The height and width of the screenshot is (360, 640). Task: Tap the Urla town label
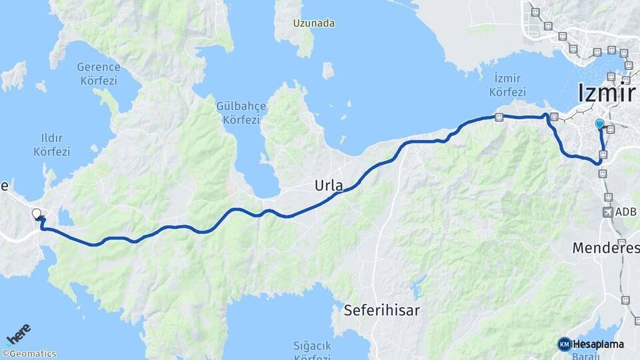[329, 187]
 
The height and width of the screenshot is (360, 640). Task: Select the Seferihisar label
[381, 310]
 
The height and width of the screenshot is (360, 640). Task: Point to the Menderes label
[605, 248]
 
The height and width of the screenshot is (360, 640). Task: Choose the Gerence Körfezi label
[98, 74]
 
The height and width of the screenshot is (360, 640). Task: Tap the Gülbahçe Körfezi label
[241, 113]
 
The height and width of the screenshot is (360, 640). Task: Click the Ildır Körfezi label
[51, 145]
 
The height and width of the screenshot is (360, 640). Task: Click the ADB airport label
[627, 212]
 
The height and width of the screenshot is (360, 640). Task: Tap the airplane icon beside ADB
[608, 212]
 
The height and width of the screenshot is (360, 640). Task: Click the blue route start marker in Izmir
[599, 124]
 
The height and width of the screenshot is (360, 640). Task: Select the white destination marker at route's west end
[37, 214]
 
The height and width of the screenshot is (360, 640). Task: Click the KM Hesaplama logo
[591, 344]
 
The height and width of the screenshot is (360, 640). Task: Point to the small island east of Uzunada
[328, 70]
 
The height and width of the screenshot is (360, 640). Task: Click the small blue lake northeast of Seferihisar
[417, 289]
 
